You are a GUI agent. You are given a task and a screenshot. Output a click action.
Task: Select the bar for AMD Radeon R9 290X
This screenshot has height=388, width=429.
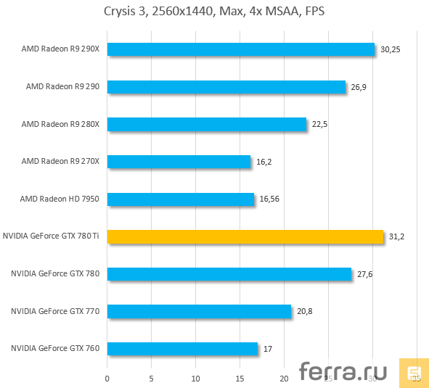pos(240,49)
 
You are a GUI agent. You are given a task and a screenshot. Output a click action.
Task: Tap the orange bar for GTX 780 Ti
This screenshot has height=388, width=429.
pos(245,236)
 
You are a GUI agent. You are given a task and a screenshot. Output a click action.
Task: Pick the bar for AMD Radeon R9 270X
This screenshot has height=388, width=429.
pos(179,162)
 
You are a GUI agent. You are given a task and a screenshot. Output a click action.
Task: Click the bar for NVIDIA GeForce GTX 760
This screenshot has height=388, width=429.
pos(182,349)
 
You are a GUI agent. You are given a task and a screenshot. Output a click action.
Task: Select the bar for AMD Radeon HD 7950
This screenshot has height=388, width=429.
pos(181,199)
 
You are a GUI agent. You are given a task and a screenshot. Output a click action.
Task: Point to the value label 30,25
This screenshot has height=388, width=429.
pos(391,49)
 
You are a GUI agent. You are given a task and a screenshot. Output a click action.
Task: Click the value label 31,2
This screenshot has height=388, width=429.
pos(396,236)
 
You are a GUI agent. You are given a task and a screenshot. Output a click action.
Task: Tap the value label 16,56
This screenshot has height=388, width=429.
pos(270,199)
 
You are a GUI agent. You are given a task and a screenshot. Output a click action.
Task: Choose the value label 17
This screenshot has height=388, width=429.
pos(267,349)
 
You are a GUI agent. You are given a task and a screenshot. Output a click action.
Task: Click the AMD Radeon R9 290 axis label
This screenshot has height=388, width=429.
pos(67,86)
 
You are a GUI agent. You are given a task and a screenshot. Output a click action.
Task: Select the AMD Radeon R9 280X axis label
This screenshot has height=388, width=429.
pos(65,124)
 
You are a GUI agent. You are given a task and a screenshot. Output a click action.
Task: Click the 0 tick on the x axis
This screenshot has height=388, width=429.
pos(107,378)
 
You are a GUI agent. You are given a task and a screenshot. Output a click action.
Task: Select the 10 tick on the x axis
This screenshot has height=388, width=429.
pos(196,378)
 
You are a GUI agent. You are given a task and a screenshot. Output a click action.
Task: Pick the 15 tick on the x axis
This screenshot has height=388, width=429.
pos(240,378)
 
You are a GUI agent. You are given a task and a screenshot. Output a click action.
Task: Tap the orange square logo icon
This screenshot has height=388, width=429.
pos(414,373)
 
